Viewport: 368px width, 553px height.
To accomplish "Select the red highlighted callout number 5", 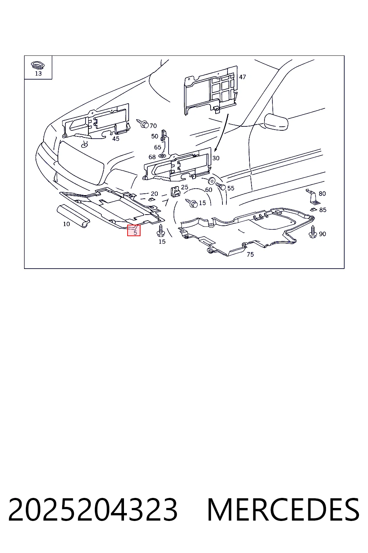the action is [x=134, y=230].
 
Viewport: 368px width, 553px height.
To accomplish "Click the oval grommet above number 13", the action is [x=38, y=65].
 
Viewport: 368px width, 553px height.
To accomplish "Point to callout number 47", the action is [x=242, y=77].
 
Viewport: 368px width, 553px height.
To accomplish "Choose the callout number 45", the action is [x=116, y=139].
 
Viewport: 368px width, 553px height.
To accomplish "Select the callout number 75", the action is [x=250, y=254].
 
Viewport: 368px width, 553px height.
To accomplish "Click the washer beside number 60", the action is [x=211, y=181].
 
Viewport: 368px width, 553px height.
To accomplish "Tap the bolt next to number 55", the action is [x=220, y=186].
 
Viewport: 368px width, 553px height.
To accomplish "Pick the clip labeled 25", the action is [x=175, y=192].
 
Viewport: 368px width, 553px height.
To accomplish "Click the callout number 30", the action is [x=216, y=158].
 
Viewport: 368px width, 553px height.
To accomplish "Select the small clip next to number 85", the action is [x=313, y=210].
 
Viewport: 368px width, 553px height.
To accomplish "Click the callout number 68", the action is [x=152, y=157].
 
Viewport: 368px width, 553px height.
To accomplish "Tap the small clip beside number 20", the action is [x=151, y=199].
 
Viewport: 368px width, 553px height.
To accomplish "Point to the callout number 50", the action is [x=155, y=136].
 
